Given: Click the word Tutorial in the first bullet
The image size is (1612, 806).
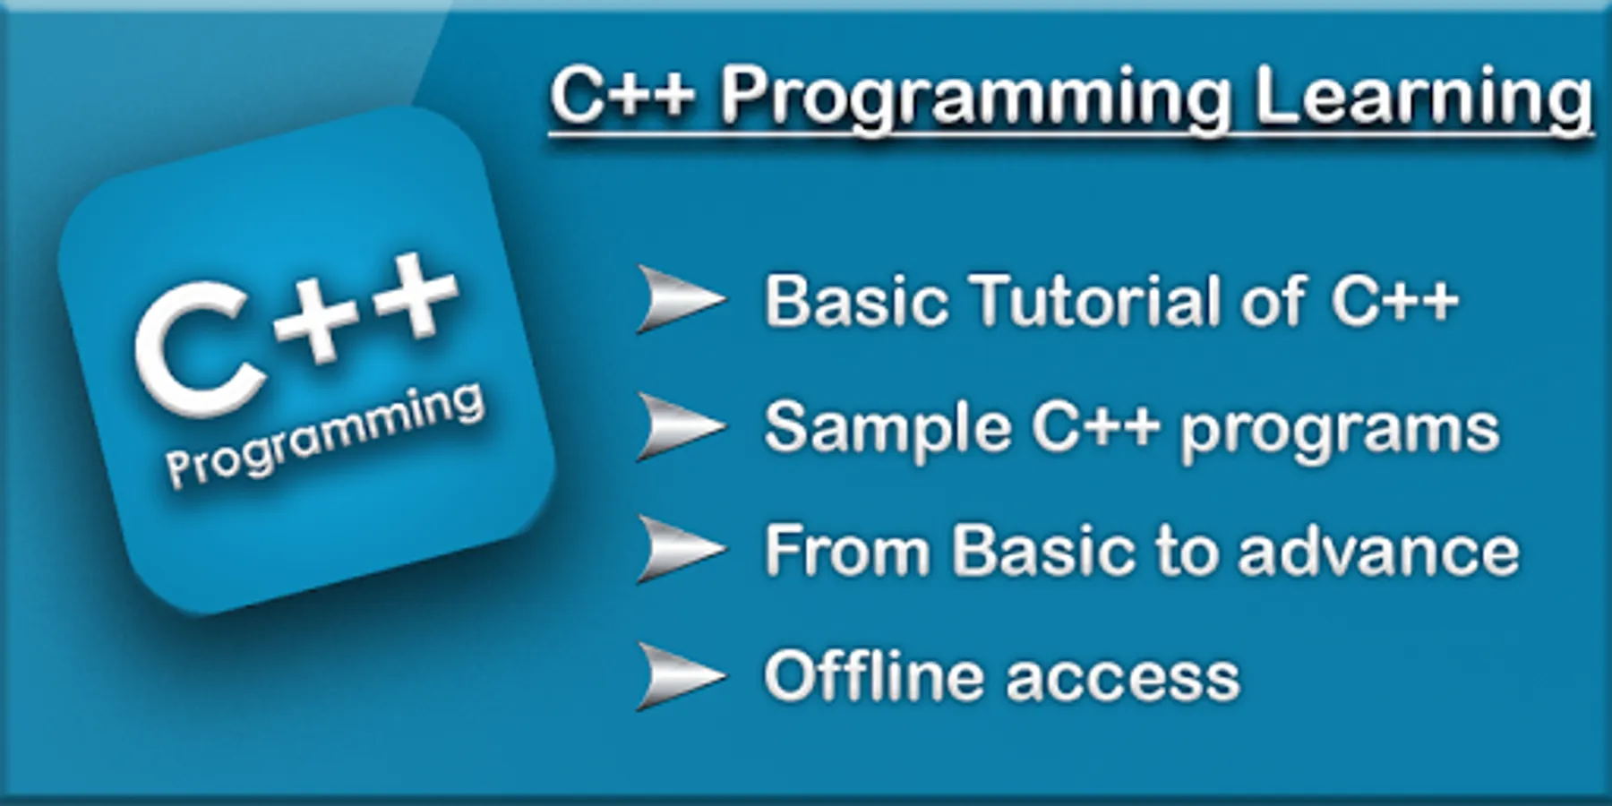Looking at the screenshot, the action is [1093, 300].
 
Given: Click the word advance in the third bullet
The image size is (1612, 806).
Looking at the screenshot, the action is [1378, 551].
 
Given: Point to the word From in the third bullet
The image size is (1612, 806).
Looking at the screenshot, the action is [847, 550].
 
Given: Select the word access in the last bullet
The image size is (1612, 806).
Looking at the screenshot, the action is [1123, 680].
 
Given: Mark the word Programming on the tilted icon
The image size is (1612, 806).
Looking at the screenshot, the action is [325, 436].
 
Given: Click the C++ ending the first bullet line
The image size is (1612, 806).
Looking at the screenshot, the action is [1394, 301].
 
